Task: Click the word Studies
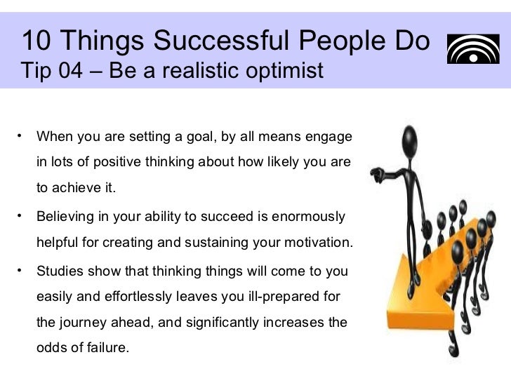point(60,271)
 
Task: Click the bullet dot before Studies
point(22,269)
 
